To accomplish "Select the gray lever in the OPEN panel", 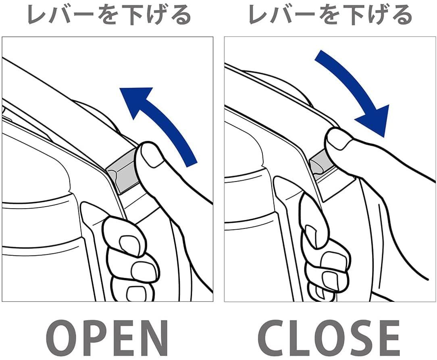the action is click(x=123, y=172).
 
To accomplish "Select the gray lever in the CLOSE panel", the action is click(x=320, y=165).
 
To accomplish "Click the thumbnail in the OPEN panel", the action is click(x=152, y=156).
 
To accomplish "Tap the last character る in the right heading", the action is click(x=402, y=15).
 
